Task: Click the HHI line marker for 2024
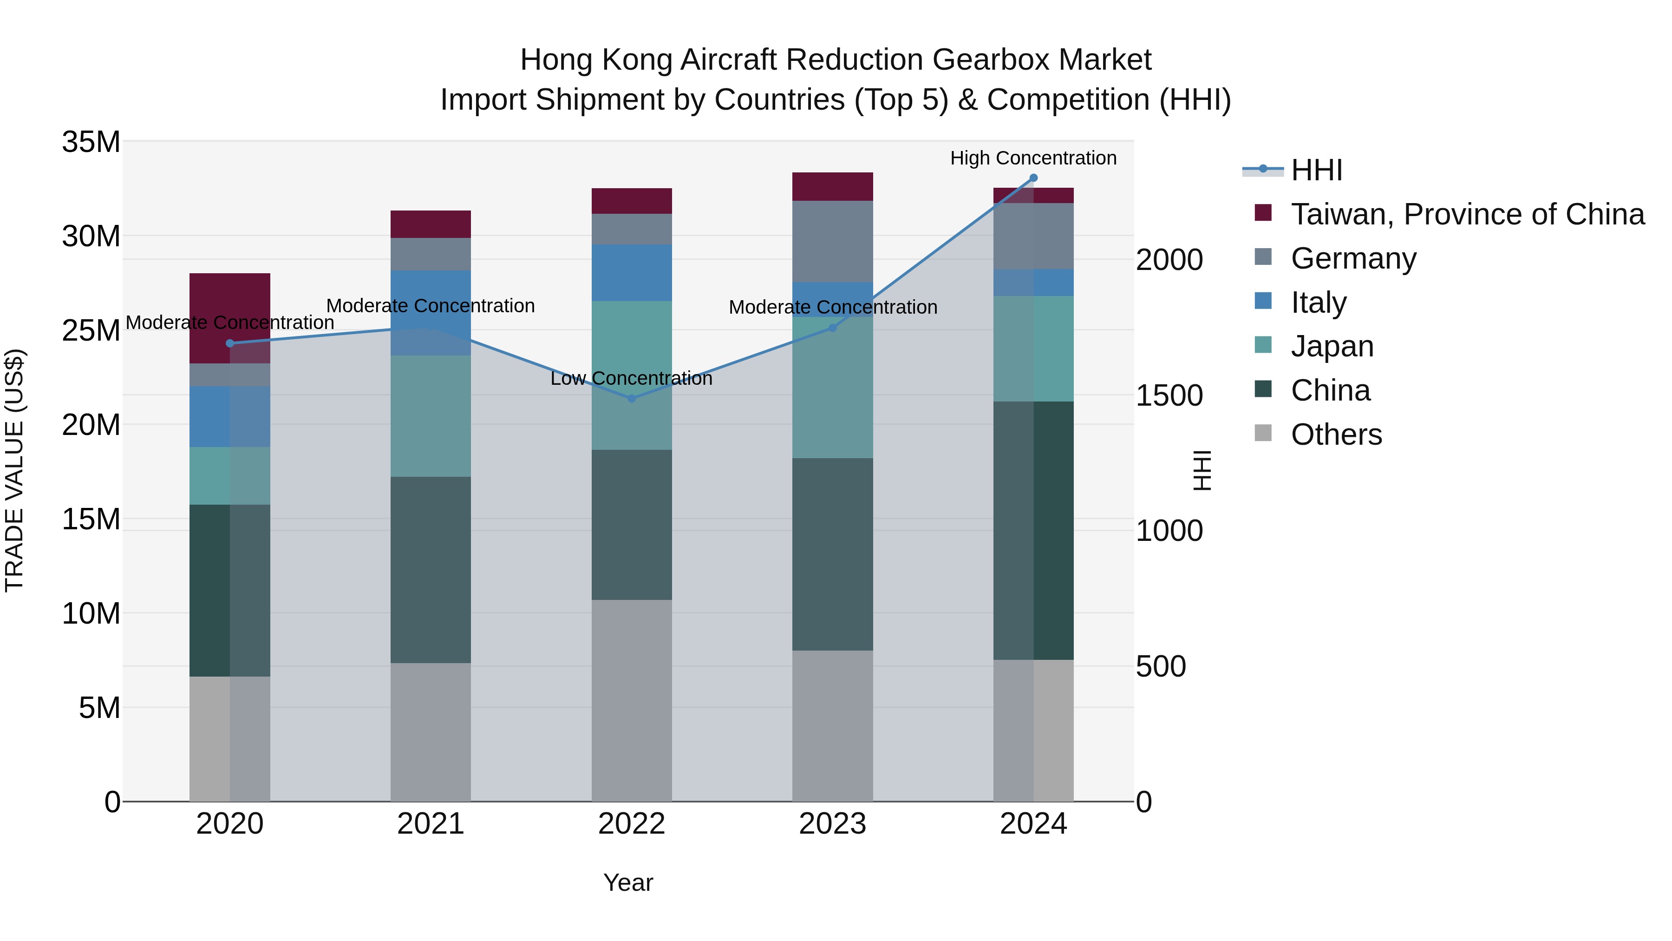pos(1033,178)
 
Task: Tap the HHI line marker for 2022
pos(632,398)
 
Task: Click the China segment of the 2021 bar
pos(431,570)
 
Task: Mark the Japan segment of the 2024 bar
pos(1033,349)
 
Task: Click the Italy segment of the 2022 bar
pos(632,272)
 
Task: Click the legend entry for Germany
pos(1353,258)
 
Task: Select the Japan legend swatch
pos(1263,345)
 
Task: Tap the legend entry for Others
pos(1336,434)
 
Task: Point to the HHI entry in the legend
pos(1316,170)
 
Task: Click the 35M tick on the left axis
pos(91,142)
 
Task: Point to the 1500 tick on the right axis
pos(1169,395)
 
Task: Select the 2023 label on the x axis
pos(832,824)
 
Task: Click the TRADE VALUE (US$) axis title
pos(14,470)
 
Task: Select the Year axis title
pos(627,882)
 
